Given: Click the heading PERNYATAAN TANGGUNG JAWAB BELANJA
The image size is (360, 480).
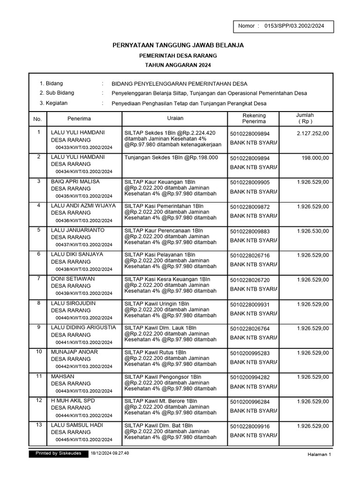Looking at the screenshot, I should pos(178,45).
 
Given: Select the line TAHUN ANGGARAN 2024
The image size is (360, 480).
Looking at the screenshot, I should pos(178,65).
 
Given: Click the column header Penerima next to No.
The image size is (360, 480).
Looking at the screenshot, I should pos(79,119).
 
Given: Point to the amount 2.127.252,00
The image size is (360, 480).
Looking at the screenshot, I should pos(313,133).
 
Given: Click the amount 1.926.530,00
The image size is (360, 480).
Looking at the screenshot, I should pos(313,231).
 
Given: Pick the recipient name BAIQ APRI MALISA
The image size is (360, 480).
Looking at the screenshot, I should pos(75,181).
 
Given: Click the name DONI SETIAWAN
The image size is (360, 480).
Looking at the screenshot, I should pos(73,279).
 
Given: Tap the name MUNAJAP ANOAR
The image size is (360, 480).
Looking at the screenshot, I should pos(75,352).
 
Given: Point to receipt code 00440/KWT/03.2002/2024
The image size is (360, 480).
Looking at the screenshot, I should pos(84,318).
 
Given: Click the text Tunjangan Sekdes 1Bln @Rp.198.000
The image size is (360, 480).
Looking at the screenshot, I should pos(171,157).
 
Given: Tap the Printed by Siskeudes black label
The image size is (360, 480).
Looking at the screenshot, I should pos(58,453).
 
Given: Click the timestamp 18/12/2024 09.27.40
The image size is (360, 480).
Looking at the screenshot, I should pos(110,453).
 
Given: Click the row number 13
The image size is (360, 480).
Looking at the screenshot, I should pos(39,425).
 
